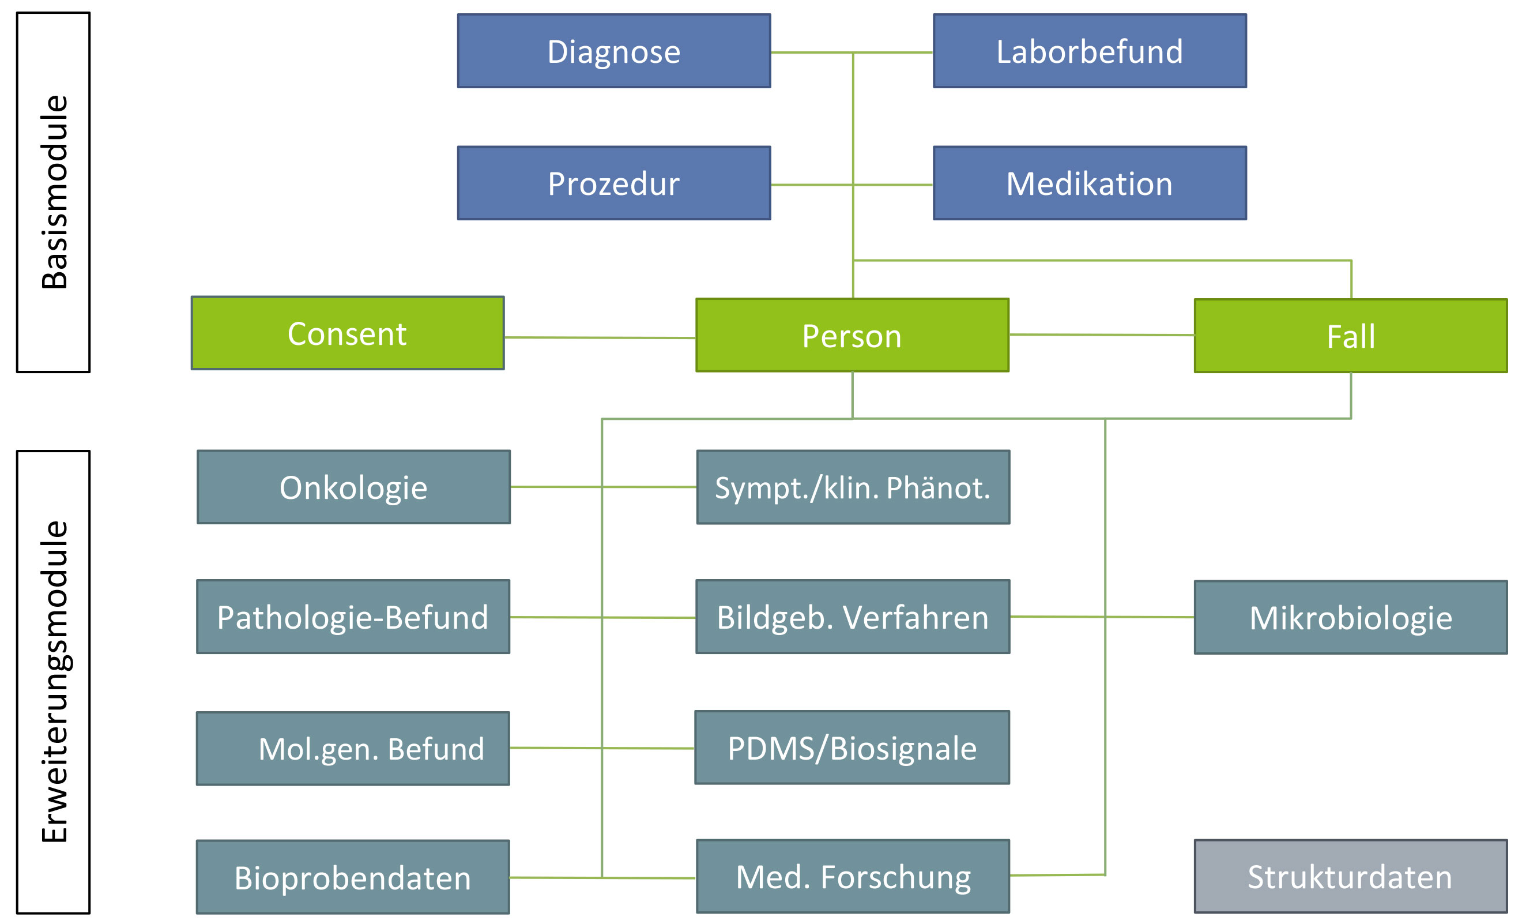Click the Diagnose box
point(613,51)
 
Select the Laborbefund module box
point(1090,51)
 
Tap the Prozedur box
point(613,183)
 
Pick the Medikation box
point(1090,183)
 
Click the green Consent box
point(348,333)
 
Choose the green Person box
point(853,335)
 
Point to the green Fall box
point(1351,336)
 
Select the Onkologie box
point(353,487)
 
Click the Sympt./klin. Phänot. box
point(853,487)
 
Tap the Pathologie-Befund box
point(353,616)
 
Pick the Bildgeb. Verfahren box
point(853,616)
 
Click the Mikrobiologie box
point(1351,617)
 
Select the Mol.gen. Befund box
point(353,749)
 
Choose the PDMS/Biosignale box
point(853,748)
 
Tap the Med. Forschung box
point(853,876)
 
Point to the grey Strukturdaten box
point(1351,876)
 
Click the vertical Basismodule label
point(54,192)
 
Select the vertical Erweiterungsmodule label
point(54,682)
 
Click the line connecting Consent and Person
point(600,337)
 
